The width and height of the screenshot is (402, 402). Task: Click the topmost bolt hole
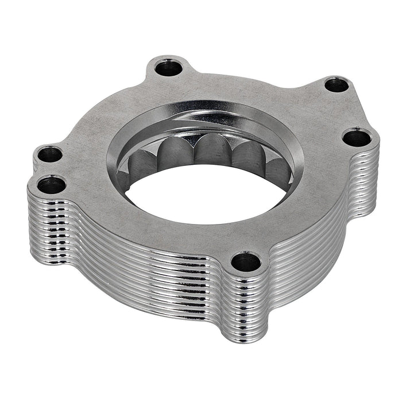pos(169,68)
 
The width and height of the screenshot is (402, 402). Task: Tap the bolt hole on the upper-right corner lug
pos(336,85)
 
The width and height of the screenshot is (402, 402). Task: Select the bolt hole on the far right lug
pos(357,138)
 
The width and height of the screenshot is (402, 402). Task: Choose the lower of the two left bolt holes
pos(51,184)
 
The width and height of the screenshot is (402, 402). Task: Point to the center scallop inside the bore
pos(212,150)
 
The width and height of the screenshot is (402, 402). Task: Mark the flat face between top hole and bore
pos(172,95)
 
